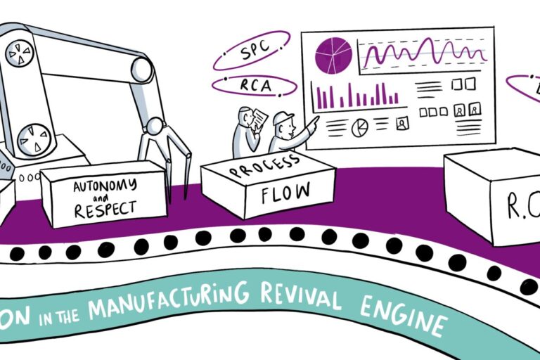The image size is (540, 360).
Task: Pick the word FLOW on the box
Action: [x=276, y=191]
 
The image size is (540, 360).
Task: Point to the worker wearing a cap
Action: [x=284, y=132]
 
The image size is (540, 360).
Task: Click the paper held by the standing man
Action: [x=259, y=117]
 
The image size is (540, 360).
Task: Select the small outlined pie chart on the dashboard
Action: [x=360, y=127]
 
